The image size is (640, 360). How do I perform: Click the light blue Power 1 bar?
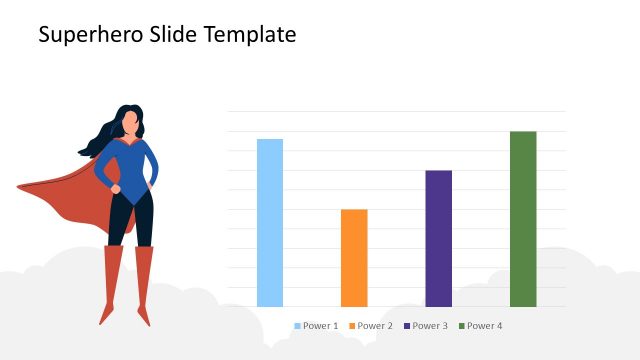coord(270,222)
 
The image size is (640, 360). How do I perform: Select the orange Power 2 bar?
coord(354,257)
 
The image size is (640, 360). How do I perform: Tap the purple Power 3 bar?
coord(438,238)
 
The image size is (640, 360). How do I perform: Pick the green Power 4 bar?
coord(523,218)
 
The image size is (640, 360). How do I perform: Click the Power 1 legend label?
coord(321,326)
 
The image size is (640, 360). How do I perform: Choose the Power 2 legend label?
coord(375,326)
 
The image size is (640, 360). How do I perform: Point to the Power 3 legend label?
coord(430,326)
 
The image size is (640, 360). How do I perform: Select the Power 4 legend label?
coord(485,326)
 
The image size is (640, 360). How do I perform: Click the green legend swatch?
coord(462,326)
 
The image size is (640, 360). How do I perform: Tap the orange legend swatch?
coord(352,326)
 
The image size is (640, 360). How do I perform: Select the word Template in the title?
coord(250,35)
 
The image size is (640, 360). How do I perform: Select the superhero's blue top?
coord(134,165)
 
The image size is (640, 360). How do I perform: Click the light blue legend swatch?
coord(298,326)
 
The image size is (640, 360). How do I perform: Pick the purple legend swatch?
coord(407,326)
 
